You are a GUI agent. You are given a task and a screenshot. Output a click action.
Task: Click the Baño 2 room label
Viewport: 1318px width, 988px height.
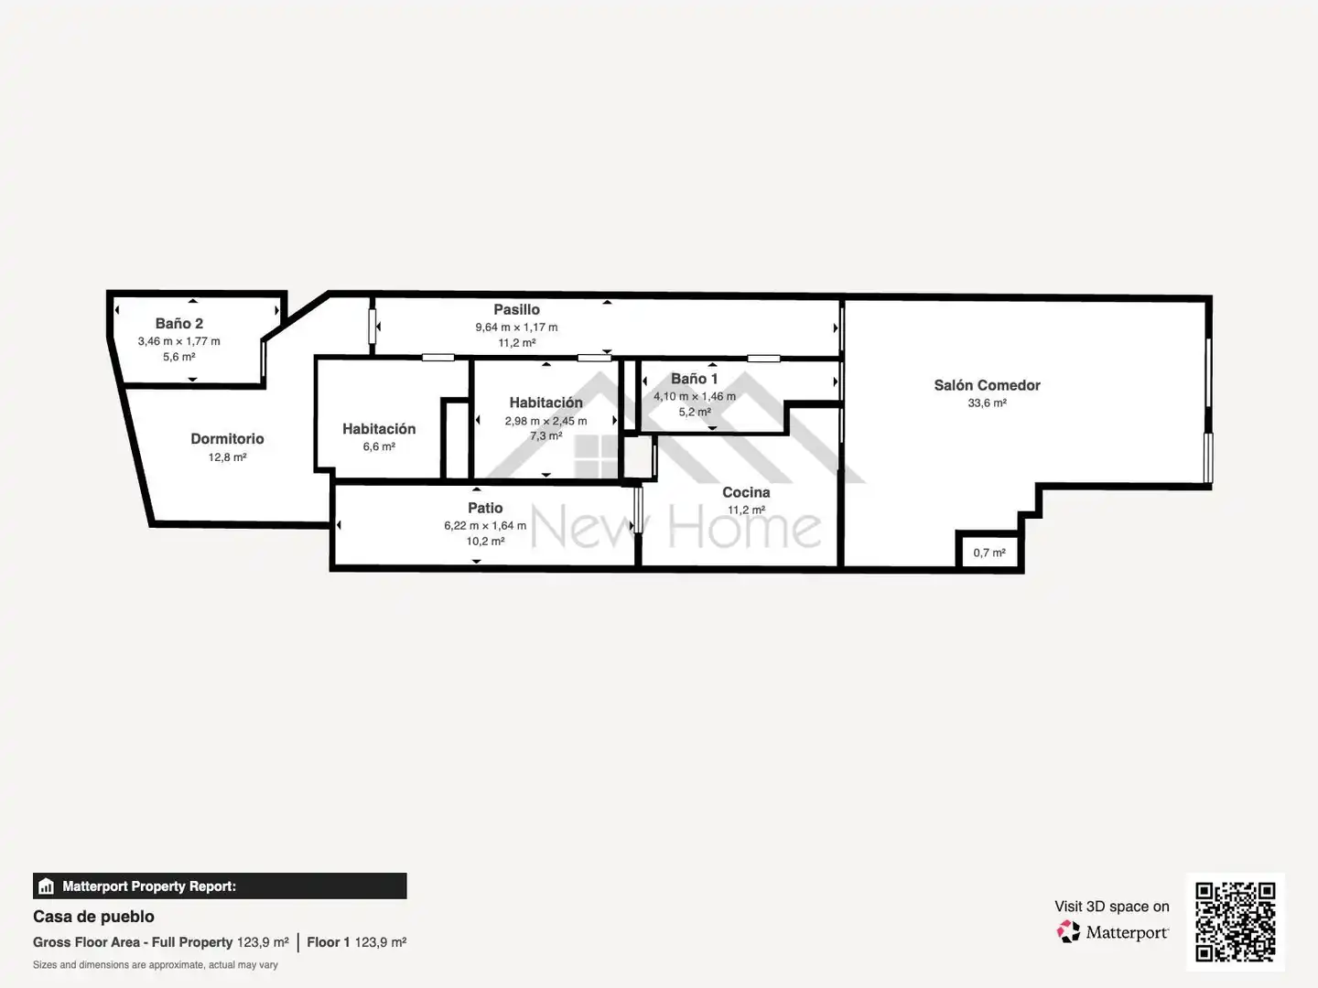pos(178,323)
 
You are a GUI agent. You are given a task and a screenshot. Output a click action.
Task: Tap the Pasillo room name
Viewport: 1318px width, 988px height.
pos(516,309)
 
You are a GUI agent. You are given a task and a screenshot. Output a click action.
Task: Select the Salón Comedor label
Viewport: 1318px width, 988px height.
pos(987,385)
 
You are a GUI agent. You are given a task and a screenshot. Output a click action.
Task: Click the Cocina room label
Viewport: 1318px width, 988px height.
pos(746,492)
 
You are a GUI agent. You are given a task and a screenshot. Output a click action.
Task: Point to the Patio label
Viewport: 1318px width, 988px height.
pos(485,508)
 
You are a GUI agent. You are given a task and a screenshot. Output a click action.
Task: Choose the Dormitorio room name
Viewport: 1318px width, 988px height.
pos(227,438)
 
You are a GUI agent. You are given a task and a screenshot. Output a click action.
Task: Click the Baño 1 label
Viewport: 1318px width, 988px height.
pos(694,379)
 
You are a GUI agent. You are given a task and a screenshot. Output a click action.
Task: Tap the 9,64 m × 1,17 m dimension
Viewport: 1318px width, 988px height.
pos(516,328)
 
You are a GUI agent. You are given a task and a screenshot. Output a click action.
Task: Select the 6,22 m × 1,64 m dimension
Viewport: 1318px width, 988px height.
pos(485,525)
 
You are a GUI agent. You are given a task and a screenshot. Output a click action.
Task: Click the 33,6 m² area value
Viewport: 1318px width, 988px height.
pos(987,403)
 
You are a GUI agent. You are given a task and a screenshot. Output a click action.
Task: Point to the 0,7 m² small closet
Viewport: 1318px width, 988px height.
pos(989,553)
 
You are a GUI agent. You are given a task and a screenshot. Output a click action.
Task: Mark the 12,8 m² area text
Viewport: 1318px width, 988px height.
pos(227,457)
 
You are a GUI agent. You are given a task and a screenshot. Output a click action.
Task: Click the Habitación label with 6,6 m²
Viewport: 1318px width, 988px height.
pos(379,429)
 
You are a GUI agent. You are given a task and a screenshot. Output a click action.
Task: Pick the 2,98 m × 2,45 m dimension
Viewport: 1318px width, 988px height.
pos(546,421)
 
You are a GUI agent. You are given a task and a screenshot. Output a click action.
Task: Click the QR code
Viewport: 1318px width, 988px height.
pos(1235,922)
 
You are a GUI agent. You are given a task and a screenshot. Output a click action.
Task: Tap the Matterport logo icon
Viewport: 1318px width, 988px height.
pos(1068,931)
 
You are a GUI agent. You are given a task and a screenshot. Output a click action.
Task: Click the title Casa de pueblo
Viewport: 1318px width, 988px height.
pos(93,917)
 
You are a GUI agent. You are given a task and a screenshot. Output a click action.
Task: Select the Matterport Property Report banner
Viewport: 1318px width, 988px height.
pos(220,886)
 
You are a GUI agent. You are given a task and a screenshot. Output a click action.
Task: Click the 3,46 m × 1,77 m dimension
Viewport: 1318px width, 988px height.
pos(178,341)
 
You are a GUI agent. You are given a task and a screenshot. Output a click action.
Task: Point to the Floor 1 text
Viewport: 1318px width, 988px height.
pos(328,942)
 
